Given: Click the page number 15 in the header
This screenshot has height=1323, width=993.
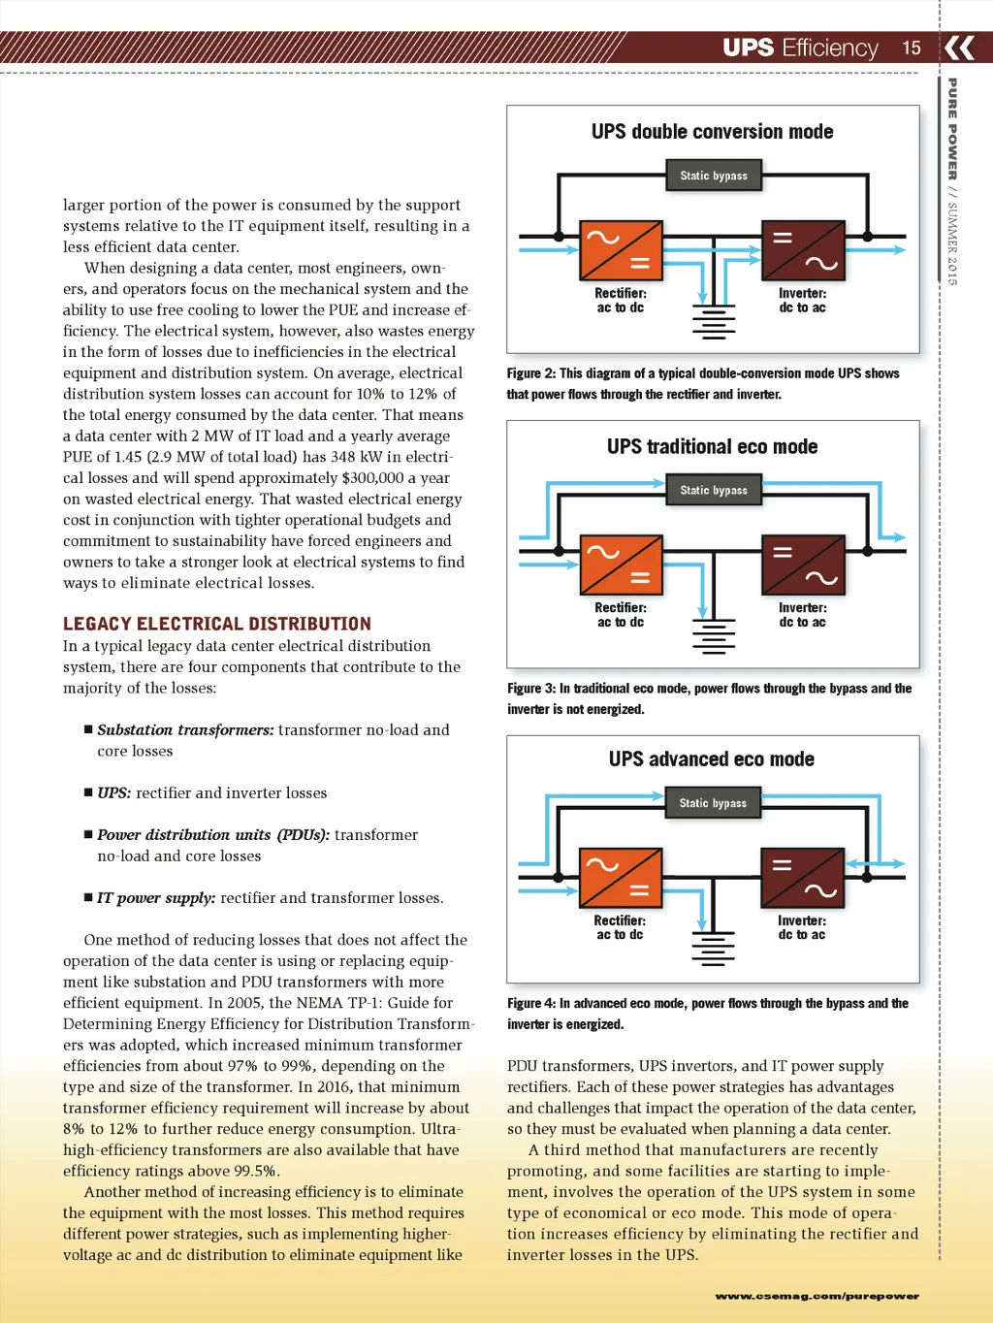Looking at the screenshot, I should point(912,48).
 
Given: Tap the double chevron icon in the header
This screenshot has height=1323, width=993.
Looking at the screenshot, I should point(959,48).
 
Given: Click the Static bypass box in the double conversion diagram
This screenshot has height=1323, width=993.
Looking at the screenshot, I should point(714,176).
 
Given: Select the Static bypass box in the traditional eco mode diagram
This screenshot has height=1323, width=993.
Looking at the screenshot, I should point(714,490).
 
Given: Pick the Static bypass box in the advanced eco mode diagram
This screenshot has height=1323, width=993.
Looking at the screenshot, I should point(713,803).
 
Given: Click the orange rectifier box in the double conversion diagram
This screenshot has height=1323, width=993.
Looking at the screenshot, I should point(621,250).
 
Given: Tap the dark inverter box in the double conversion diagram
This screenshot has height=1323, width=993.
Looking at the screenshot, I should point(803,250).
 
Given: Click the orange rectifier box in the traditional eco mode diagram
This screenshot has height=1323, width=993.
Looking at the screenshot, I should point(621,565).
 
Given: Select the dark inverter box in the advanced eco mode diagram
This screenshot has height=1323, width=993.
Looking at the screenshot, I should point(802,878).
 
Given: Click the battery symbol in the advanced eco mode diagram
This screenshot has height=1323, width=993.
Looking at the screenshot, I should point(713,949).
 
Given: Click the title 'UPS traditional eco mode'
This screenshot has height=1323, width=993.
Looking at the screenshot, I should point(713,447).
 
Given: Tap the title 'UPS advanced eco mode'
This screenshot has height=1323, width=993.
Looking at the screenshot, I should point(712,759).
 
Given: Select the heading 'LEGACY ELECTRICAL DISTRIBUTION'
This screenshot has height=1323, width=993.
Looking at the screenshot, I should point(217,624).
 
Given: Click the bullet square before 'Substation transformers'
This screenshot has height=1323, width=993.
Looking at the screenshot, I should point(88,729).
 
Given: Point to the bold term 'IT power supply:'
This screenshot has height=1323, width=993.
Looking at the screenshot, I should point(156,898).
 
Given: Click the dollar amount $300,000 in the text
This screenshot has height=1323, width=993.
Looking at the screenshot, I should point(373,478).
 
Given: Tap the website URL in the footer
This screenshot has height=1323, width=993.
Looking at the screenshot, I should point(817,1296).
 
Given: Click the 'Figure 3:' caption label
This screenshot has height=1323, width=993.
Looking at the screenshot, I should point(531,689).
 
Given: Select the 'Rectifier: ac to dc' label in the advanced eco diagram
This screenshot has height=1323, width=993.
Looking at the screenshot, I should point(620,927).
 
